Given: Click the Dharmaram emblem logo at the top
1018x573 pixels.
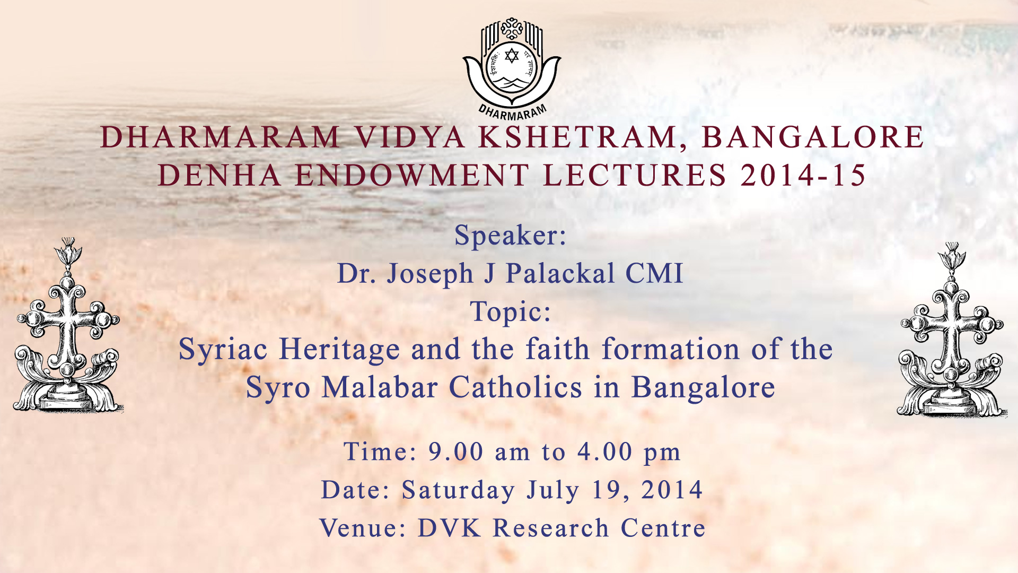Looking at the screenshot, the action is (x=512, y=68).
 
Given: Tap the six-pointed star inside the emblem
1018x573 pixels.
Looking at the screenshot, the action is (x=512, y=55).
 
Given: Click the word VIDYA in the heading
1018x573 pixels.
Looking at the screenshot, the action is (x=410, y=137).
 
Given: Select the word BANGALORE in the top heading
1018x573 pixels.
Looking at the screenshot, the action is (x=813, y=137).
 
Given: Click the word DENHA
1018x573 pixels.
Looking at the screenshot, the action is (x=220, y=176).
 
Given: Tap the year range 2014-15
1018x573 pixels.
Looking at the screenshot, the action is (x=803, y=176).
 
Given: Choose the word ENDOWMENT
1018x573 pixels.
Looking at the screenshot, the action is (x=412, y=176).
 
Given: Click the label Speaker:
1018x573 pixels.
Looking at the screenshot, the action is (x=511, y=236).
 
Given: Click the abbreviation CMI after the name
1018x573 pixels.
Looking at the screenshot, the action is (x=654, y=274).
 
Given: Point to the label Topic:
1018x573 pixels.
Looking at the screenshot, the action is (x=511, y=312).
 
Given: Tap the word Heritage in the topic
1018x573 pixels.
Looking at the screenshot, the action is (x=340, y=350).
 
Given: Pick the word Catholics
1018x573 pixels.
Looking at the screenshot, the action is (x=516, y=387).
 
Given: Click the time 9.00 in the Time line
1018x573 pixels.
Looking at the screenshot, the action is (x=456, y=452).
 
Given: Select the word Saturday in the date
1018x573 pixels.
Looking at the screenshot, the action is (x=458, y=490).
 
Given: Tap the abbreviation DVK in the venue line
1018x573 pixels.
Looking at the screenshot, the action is (x=450, y=528).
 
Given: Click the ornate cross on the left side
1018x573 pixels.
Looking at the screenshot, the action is (x=67, y=325).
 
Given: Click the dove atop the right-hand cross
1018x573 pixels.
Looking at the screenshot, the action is (x=952, y=255).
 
